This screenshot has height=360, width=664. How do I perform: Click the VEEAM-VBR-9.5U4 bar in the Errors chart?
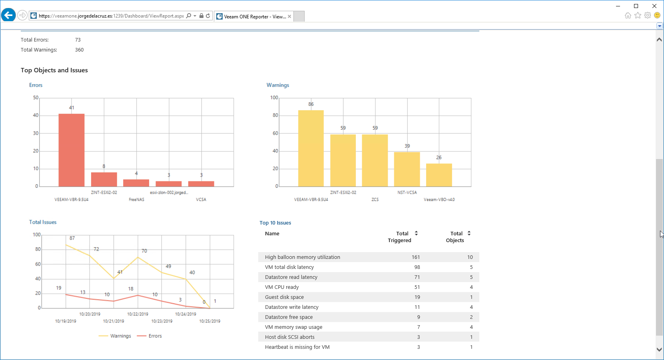pyautogui.click(x=72, y=150)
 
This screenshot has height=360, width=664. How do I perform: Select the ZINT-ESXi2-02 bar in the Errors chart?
pyautogui.click(x=104, y=179)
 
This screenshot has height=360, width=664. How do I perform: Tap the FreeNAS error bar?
pyautogui.click(x=136, y=183)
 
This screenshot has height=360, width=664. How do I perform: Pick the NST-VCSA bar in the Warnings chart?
pyautogui.click(x=407, y=169)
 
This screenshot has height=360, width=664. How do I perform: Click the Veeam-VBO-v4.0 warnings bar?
pyautogui.click(x=439, y=175)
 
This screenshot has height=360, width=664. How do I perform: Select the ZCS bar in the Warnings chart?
pyautogui.click(x=375, y=160)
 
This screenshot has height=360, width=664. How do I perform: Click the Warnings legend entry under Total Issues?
pyautogui.click(x=115, y=336)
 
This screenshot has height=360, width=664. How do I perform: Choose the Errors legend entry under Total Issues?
pyautogui.click(x=149, y=336)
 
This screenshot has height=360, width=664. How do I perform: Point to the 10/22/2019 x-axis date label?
pyautogui.click(x=138, y=314)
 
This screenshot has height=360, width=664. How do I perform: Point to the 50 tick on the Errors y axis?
pyautogui.click(x=36, y=97)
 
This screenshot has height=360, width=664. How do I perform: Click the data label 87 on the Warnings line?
pyautogui.click(x=72, y=238)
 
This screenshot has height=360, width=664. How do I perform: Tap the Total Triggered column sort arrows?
pyautogui.click(x=416, y=233)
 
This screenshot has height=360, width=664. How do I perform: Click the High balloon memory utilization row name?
pyautogui.click(x=302, y=257)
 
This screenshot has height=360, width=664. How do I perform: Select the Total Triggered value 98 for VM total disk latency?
pyautogui.click(x=417, y=267)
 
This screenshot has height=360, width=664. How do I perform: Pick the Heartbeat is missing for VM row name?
pyautogui.click(x=297, y=347)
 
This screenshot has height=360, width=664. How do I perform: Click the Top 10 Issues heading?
pyautogui.click(x=275, y=223)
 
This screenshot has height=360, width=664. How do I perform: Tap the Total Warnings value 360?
pyautogui.click(x=79, y=50)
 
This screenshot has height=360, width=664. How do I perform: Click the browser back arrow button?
pyautogui.click(x=8, y=15)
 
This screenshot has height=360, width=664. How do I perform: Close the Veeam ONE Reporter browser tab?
pyautogui.click(x=289, y=16)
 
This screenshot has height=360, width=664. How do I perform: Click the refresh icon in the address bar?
pyautogui.click(x=208, y=16)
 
